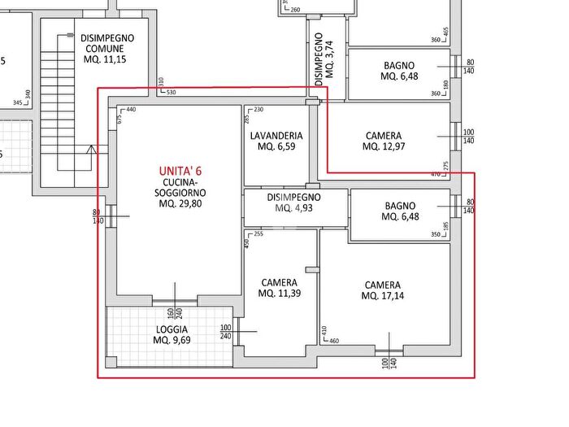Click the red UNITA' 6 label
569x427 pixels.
180,171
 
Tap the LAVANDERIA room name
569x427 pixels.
276,136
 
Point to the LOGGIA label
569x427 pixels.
172,329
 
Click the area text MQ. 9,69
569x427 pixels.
172,341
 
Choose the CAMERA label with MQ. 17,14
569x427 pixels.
382,285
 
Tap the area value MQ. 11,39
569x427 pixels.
279,294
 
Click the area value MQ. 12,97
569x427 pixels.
383,146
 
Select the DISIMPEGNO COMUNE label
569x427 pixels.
107,43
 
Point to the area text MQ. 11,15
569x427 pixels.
107,59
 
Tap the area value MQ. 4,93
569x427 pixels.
293,208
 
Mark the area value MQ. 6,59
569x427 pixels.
276,147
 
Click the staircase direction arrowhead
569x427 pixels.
92,149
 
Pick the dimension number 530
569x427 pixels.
171,92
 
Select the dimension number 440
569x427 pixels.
130,110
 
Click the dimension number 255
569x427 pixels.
258,234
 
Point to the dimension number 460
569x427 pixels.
334,341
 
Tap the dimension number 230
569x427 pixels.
258,110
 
